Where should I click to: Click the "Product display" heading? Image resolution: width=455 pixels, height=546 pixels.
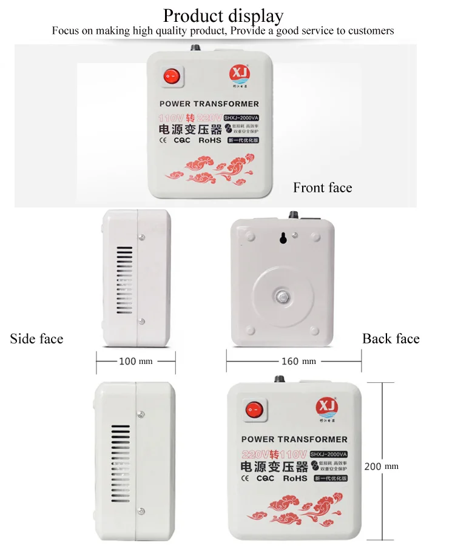coord(223,15)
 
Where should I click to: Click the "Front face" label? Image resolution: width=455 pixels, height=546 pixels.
coord(322,187)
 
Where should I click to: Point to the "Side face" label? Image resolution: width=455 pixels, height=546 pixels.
coord(36,339)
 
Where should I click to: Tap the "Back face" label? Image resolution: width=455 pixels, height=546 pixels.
coord(391,339)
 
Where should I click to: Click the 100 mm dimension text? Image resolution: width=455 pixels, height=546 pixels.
coord(135,362)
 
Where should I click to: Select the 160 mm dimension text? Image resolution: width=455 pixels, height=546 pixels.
coord(298,362)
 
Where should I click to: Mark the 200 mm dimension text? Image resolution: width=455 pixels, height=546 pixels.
coord(381,467)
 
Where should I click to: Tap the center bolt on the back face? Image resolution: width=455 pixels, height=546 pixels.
coord(281,297)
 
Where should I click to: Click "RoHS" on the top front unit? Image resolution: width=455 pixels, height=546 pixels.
coord(211,140)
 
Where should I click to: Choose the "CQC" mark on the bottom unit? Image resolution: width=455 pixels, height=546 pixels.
coord(265,478)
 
